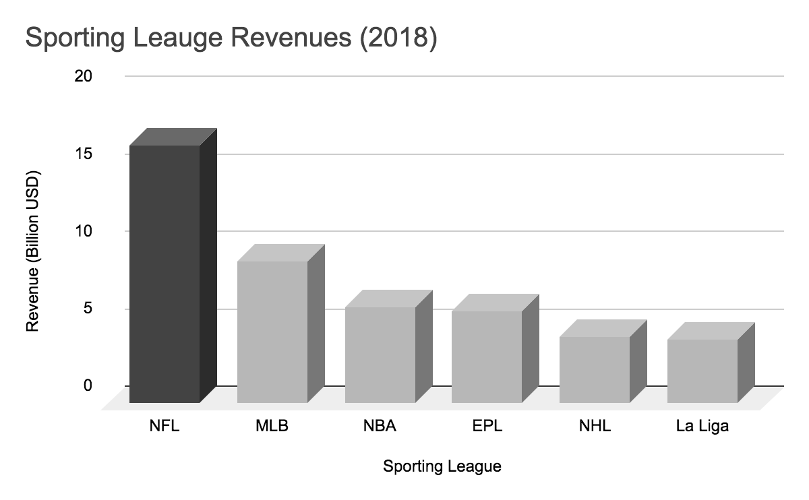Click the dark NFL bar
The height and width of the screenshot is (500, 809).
pos(165,273)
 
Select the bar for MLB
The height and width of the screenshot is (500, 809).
pos(273,332)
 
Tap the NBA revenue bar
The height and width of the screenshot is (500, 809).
pos(380,354)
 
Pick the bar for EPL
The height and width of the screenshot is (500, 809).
pos(487,356)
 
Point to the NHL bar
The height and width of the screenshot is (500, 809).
pos(595,369)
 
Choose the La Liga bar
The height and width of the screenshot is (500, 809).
pos(702,371)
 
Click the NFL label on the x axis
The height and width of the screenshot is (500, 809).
pos(165,427)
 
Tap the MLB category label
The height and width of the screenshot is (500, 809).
pos(272,427)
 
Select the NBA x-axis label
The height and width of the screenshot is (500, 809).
pos(380,427)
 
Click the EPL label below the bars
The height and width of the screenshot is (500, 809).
pos(487,427)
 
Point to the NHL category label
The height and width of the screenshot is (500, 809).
pos(595,427)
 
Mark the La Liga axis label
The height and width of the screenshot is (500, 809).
pos(702,427)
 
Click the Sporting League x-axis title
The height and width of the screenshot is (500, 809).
pos(442,466)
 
